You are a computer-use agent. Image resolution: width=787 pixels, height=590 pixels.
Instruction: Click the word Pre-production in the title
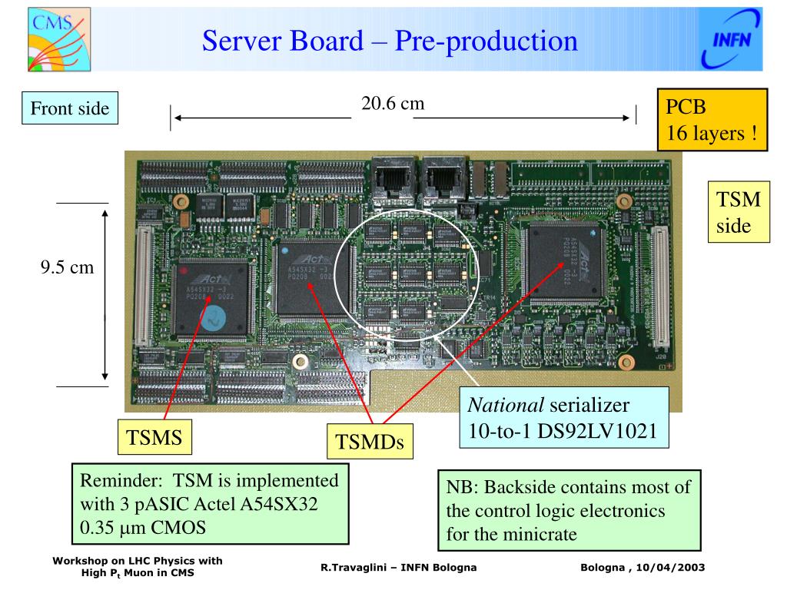[486, 40]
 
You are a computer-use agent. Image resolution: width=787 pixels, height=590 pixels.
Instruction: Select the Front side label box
[69, 108]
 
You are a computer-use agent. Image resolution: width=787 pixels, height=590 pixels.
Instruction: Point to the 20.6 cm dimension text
[393, 103]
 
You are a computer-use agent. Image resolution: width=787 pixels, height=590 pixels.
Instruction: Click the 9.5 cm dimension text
[67, 267]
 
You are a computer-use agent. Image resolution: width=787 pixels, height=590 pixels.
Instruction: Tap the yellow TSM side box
[738, 214]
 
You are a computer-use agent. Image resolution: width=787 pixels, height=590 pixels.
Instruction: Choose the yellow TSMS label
[154, 438]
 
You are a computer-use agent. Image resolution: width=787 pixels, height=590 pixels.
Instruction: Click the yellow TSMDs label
[370, 442]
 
